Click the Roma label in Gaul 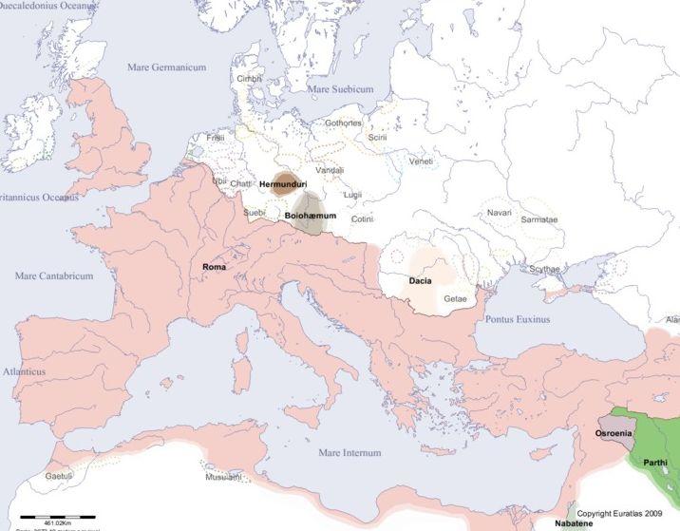[214, 267]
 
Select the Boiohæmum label [311, 218]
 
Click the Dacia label [422, 281]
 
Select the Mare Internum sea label [349, 453]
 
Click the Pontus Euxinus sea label [518, 320]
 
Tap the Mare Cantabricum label [54, 275]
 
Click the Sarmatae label [539, 219]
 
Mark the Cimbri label [249, 78]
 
